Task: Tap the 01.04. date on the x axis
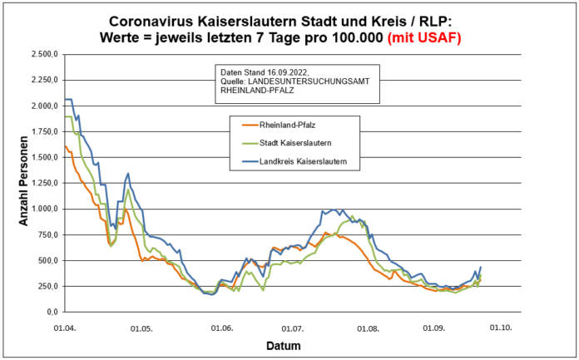click(x=64, y=328)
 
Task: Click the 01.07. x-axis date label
click(x=292, y=328)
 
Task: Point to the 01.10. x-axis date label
click(x=500, y=328)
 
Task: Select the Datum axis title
click(x=282, y=344)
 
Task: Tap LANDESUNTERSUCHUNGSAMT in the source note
click(x=311, y=81)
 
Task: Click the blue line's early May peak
click(x=128, y=174)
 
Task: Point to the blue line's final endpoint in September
click(x=481, y=267)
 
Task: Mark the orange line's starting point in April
click(x=65, y=146)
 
